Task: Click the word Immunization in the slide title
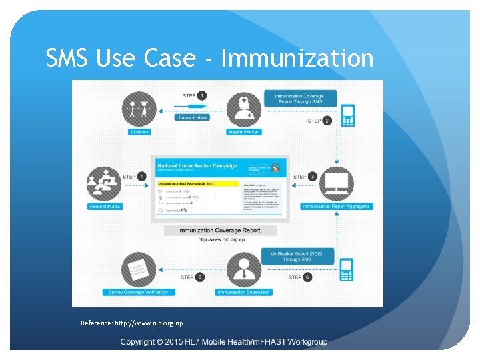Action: (x=297, y=59)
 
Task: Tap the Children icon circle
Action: (x=138, y=109)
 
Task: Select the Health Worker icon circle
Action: (x=244, y=109)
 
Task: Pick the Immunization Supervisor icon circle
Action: (x=243, y=269)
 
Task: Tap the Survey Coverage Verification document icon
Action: (x=139, y=269)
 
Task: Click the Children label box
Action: (x=139, y=132)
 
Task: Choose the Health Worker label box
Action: (x=244, y=132)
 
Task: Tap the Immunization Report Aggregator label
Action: (x=337, y=207)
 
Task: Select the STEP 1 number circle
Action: (x=202, y=96)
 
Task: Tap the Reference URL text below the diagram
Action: (x=132, y=323)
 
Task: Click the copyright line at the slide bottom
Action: (x=224, y=342)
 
